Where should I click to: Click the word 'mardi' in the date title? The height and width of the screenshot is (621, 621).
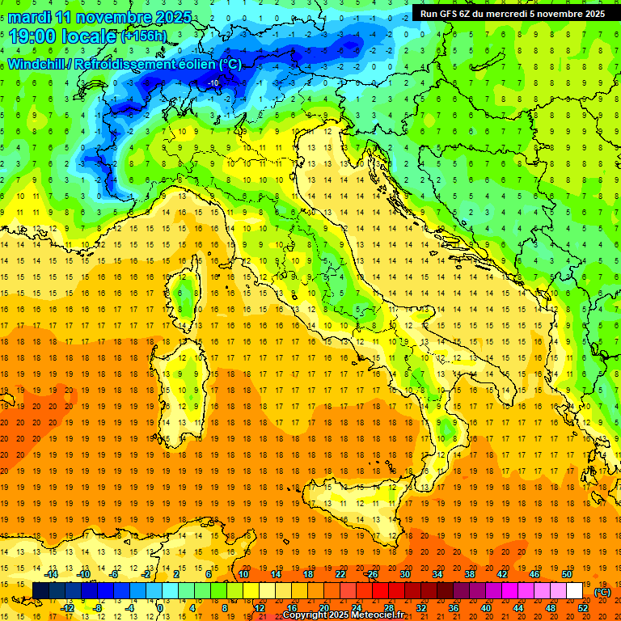pyautogui.click(x=29, y=17)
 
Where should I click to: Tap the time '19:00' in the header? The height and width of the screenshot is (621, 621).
pyautogui.click(x=32, y=36)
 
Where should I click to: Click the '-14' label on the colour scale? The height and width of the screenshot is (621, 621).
pyautogui.click(x=52, y=573)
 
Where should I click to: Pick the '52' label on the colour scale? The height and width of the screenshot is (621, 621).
pyautogui.click(x=583, y=607)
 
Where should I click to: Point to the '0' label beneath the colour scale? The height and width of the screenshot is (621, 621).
pyautogui.click(x=160, y=607)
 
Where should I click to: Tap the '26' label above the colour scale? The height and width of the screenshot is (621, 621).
pyautogui.click(x=373, y=573)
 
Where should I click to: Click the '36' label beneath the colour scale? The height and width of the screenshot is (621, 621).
pyautogui.click(x=454, y=607)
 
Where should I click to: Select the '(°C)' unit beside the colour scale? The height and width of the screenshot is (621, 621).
pyautogui.click(x=602, y=591)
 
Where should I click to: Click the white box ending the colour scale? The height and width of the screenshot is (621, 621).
pyautogui.click(x=575, y=590)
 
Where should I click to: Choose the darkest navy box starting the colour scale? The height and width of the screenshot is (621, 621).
pyautogui.click(x=40, y=590)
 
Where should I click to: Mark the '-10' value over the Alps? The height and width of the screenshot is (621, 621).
pyautogui.click(x=213, y=82)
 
